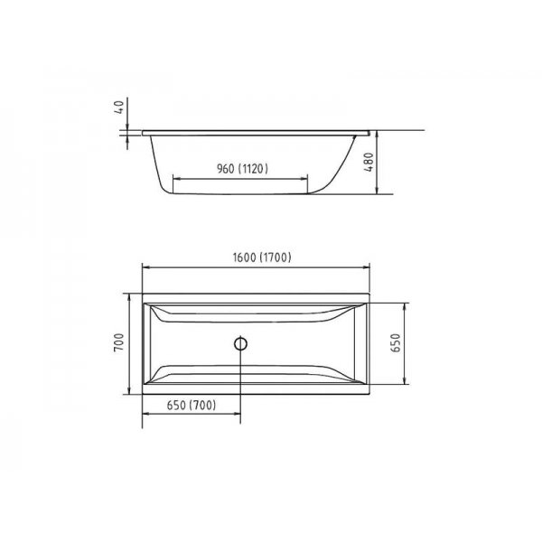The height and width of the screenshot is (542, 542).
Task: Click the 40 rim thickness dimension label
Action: coord(118,107)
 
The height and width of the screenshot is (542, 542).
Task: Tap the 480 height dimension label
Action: coord(369,162)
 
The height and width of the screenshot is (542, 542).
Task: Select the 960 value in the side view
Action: coord(226,169)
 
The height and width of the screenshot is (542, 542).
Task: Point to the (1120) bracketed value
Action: coord(253,169)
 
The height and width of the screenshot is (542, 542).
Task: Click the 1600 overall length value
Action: coord(245,257)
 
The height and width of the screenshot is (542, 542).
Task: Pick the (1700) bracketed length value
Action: coord(276,257)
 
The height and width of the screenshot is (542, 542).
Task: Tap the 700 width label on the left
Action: coord(118,342)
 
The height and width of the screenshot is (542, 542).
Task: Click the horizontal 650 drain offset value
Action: coord(176,405)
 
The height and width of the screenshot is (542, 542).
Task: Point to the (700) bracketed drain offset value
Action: coord(203,405)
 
